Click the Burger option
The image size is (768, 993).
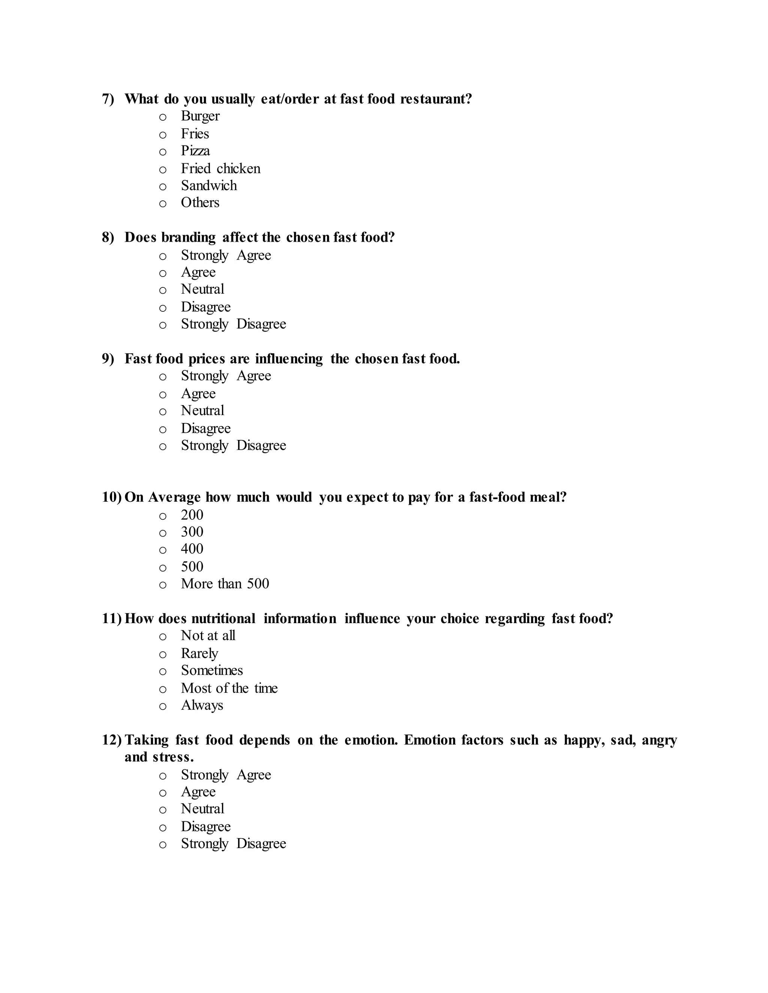[200, 117]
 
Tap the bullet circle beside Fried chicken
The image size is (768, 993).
[163, 170]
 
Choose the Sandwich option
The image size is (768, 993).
[209, 185]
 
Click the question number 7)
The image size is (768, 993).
[108, 99]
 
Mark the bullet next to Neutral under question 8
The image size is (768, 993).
[163, 290]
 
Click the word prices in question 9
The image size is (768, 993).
[207, 359]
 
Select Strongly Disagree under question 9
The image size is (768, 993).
[233, 446]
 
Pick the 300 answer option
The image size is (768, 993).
[192, 532]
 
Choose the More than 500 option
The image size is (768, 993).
[225, 584]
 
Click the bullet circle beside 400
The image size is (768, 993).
[163, 550]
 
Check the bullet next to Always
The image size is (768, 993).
[163, 707]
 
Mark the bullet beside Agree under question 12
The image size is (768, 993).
[163, 793]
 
